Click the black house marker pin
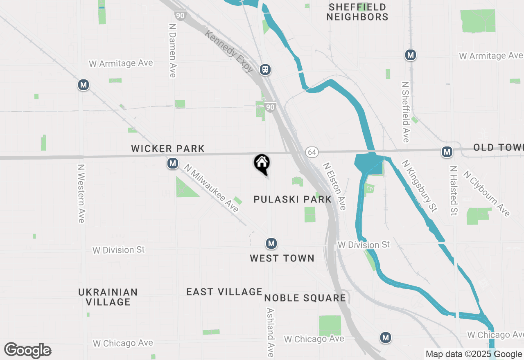point(262,164)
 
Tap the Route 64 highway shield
point(312,152)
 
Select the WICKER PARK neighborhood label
point(168,148)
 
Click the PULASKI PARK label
point(292,199)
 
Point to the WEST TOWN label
point(282,258)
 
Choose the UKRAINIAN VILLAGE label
point(108,297)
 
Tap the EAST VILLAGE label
point(224,292)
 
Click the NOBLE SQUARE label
point(305,298)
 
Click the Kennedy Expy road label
point(230,52)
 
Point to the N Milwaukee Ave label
point(211,188)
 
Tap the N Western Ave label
point(81,193)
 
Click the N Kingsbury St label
point(419,186)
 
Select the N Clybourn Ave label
point(487,193)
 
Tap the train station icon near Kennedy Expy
point(266,69)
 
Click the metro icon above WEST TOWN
point(271,244)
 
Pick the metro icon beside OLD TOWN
point(447,152)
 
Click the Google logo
point(28,350)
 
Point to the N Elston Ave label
point(334,186)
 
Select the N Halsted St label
point(453,190)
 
